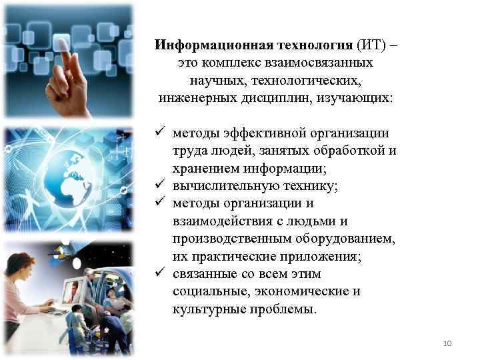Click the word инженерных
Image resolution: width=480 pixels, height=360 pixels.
tap(195, 98)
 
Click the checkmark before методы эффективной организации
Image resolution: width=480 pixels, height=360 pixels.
tap(159, 133)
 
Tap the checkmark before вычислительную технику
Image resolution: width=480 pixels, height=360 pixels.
tap(159, 186)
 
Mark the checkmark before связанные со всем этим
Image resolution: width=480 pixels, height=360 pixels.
tap(159, 274)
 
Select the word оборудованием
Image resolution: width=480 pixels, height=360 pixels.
tap(347, 239)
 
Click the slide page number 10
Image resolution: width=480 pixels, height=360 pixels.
tap(447, 343)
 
